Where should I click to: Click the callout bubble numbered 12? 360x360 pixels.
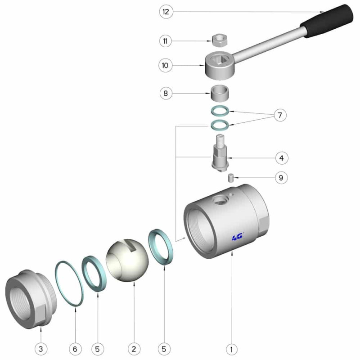tap(166, 12)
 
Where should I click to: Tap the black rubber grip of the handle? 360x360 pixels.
tap(327, 21)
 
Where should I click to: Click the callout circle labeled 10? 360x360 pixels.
tap(165, 65)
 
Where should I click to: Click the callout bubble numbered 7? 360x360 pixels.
tap(280, 115)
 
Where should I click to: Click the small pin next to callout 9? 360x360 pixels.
tap(230, 178)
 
